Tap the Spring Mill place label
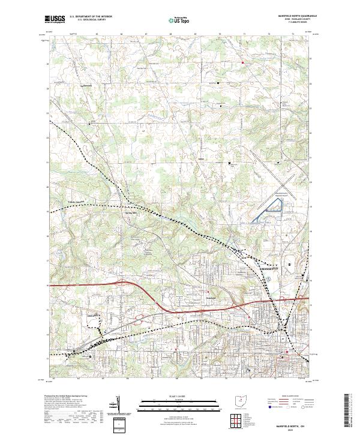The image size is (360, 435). pyautogui.click(x=130, y=212)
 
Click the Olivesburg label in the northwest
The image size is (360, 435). pyautogui.click(x=89, y=85)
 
